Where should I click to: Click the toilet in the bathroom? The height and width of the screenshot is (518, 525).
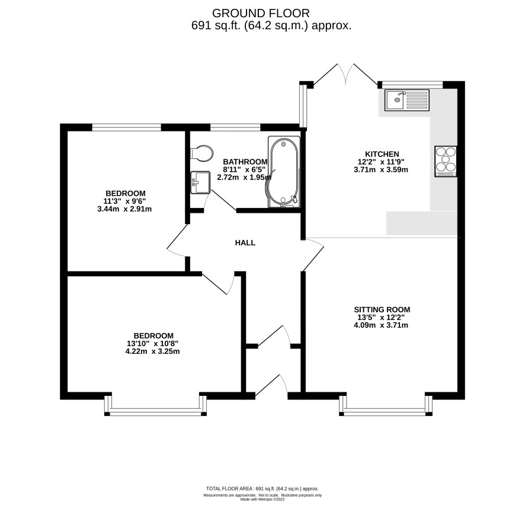click(201, 154)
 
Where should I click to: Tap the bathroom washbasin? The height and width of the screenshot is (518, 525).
click(200, 183)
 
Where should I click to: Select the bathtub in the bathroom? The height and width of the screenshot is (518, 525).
click(284, 172)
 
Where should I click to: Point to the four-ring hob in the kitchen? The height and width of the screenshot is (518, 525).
click(446, 161)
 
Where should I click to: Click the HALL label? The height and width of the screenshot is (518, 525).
click(245, 243)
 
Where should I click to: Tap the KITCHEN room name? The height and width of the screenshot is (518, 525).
click(382, 154)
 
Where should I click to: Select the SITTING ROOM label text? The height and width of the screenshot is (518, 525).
click(382, 310)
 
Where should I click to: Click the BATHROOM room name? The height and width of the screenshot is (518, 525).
click(245, 162)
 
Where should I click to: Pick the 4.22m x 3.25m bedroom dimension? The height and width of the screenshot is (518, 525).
click(152, 351)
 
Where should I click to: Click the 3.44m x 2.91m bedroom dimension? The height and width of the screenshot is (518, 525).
click(124, 209)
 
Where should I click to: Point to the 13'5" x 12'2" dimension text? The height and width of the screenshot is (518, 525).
click(379, 318)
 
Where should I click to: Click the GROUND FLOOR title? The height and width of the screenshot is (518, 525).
click(261, 14)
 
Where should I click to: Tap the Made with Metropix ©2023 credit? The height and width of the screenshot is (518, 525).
click(262, 499)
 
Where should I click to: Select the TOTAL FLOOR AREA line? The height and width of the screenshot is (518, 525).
click(262, 489)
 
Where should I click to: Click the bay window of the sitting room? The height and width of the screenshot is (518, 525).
click(386, 406)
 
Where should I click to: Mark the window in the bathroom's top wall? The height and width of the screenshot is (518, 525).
click(235, 127)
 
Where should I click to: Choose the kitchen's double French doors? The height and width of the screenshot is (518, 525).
click(345, 74)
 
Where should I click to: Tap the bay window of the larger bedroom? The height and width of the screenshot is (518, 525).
click(155, 406)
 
